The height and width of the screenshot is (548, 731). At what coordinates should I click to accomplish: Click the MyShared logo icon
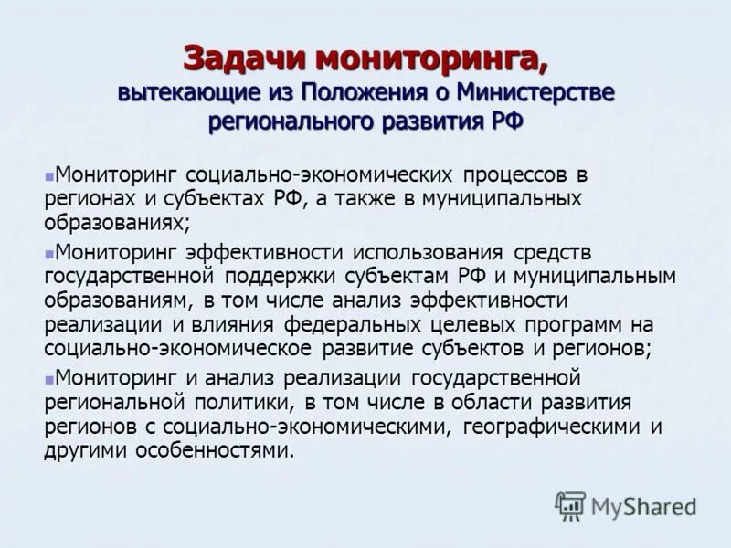570,506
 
